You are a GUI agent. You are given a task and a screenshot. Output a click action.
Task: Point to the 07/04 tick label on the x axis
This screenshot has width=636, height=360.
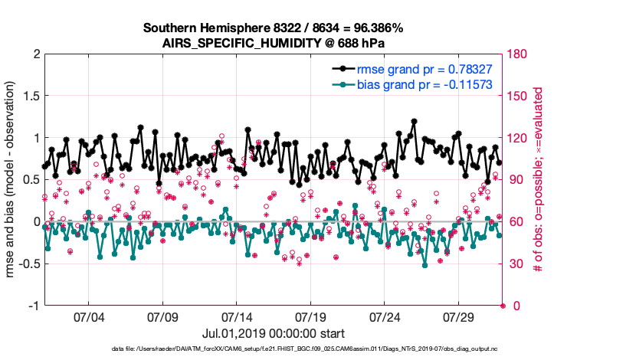(x=87, y=317)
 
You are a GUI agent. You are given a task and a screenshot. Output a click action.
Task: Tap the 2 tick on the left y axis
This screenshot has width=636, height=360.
(x=33, y=54)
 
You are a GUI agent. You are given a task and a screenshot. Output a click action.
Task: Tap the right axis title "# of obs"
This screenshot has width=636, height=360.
(x=539, y=180)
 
